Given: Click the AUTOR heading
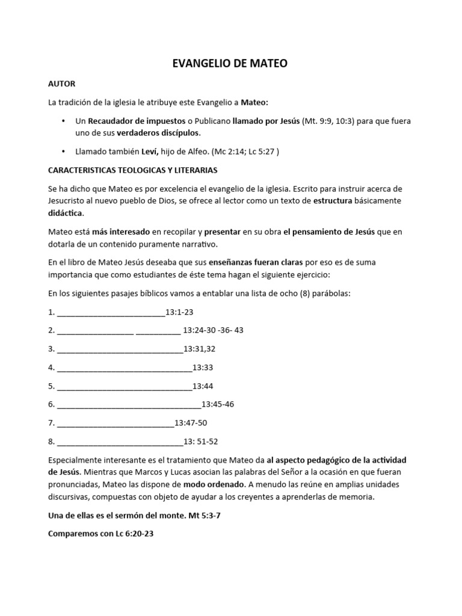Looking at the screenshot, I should [61, 84].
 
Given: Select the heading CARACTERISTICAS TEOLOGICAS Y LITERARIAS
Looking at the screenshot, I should [133, 170].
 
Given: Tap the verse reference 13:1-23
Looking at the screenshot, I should [179, 312].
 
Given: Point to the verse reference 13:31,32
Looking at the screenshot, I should [199, 348].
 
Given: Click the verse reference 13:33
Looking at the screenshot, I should [203, 367].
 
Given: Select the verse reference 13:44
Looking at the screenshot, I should [203, 386].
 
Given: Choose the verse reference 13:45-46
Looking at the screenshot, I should [218, 404].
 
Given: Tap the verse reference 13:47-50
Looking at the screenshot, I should [191, 423].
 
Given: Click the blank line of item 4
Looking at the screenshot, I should [124, 368].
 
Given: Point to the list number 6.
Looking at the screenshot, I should [51, 404].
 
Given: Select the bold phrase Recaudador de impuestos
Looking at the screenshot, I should [138, 121].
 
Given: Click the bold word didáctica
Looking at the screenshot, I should [66, 212].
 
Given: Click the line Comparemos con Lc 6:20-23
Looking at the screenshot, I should [101, 534].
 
